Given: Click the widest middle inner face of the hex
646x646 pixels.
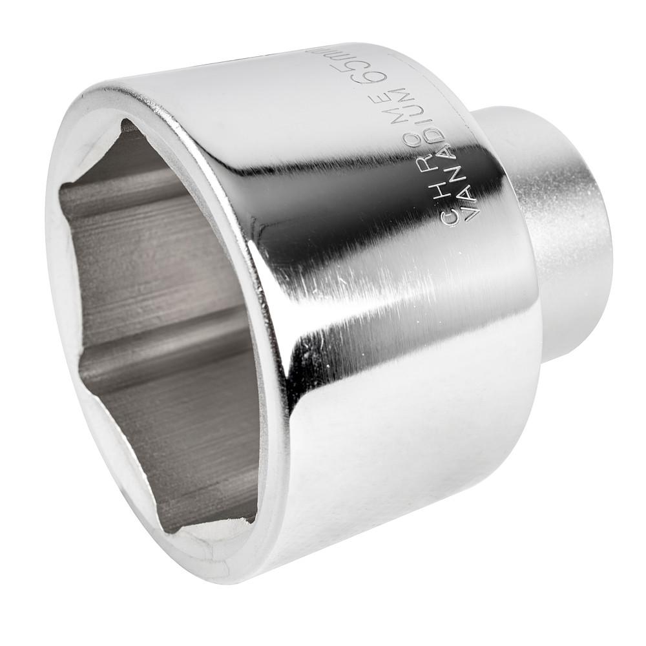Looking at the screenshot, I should point(149,278).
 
